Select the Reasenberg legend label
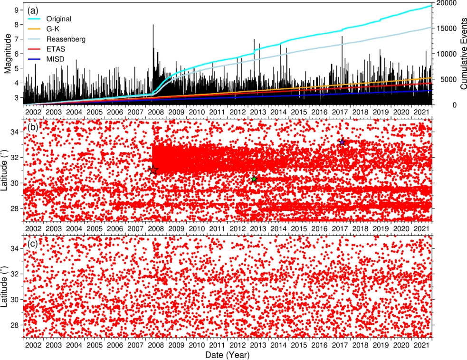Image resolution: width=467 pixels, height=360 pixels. (x=66, y=39)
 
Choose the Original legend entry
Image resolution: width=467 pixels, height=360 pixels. (x=58, y=19)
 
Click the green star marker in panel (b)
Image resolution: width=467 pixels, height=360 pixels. (x=254, y=179)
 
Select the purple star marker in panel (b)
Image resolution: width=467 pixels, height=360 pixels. (x=342, y=142)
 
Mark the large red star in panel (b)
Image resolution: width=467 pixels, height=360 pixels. (x=153, y=170)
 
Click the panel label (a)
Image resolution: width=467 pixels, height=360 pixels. (x=33, y=10)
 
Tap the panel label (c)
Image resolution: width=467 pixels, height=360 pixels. (x=33, y=244)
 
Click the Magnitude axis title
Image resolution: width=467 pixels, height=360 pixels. (x=8, y=54)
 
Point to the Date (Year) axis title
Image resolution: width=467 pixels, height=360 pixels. (x=227, y=355)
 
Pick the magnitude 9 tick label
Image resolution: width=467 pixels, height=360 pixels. (x=16, y=10)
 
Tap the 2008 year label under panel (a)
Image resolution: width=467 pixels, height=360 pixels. (x=156, y=112)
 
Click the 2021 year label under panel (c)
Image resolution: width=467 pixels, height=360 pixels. (x=421, y=345)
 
